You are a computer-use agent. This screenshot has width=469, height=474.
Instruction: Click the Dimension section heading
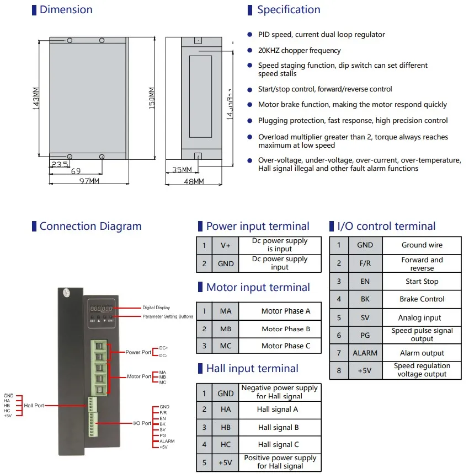coord(66,10)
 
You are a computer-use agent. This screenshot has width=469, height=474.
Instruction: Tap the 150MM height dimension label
coord(152,98)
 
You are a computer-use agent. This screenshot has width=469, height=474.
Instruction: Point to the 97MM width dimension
coord(89,181)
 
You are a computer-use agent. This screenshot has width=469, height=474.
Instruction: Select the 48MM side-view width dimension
coord(193,181)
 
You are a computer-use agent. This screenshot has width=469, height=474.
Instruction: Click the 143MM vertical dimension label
coord(36,98)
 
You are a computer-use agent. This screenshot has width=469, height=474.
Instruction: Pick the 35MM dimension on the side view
coord(181,170)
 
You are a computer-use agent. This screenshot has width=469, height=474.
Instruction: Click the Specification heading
coord(288,10)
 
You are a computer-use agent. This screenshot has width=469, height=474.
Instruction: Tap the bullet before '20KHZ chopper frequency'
coord(250,51)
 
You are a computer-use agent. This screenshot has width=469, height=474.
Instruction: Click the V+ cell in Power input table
coord(226,245)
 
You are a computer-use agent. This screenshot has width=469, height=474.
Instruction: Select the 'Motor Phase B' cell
coord(286,329)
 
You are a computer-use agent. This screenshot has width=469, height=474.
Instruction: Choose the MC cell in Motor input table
coord(226,346)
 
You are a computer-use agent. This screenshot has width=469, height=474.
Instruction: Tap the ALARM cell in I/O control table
coord(365,353)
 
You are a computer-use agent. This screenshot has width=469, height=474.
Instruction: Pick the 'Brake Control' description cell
coord(422,299)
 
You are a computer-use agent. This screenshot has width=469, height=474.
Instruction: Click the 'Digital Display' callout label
coord(157,308)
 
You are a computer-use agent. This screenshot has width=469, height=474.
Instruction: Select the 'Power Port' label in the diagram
coord(138,352)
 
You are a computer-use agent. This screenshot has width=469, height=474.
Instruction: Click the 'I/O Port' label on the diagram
coord(142,423)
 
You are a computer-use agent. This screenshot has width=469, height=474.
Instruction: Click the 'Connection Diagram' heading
coord(90,227)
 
